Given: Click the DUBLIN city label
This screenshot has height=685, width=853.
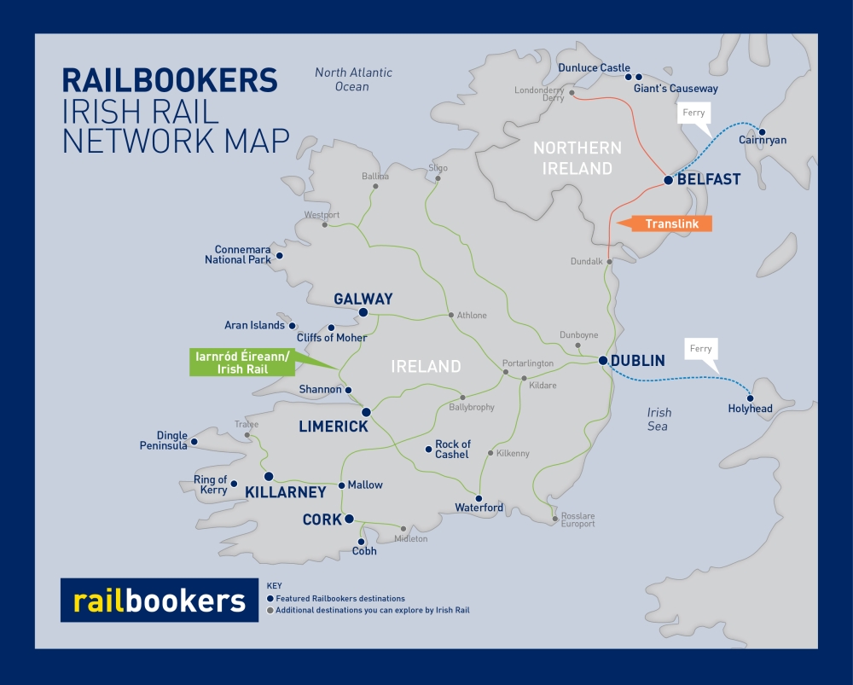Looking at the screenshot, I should tap(638, 361).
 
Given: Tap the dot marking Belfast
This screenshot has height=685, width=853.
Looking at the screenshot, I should tap(669, 180).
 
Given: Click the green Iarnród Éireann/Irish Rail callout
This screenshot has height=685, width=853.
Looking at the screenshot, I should tap(241, 363).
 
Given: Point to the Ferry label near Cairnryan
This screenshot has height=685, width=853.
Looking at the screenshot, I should tap(693, 113).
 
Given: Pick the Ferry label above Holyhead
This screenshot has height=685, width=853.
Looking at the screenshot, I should tap(700, 349).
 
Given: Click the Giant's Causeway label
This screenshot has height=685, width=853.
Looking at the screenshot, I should tap(676, 88).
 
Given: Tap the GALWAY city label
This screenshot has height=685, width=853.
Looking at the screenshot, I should tap(363, 299).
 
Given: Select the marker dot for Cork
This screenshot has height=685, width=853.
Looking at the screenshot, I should tap(349, 519).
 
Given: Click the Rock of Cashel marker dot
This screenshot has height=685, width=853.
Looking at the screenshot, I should tap(427, 450).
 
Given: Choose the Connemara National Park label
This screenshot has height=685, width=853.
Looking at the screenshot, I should tap(238, 254).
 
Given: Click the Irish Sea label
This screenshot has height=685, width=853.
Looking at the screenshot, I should tap(659, 419).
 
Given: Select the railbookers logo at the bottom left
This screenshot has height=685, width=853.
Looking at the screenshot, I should tap(160, 601).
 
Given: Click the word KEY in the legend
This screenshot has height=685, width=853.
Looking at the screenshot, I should tap(274, 586).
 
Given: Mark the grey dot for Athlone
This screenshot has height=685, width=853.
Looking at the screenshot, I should tap(451, 315).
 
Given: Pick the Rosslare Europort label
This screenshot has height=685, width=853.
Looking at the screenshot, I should tap(577, 520).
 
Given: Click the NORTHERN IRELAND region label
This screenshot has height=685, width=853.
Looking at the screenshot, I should tap(577, 158).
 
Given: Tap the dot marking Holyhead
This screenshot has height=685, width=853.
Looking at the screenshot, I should tap(751, 398).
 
